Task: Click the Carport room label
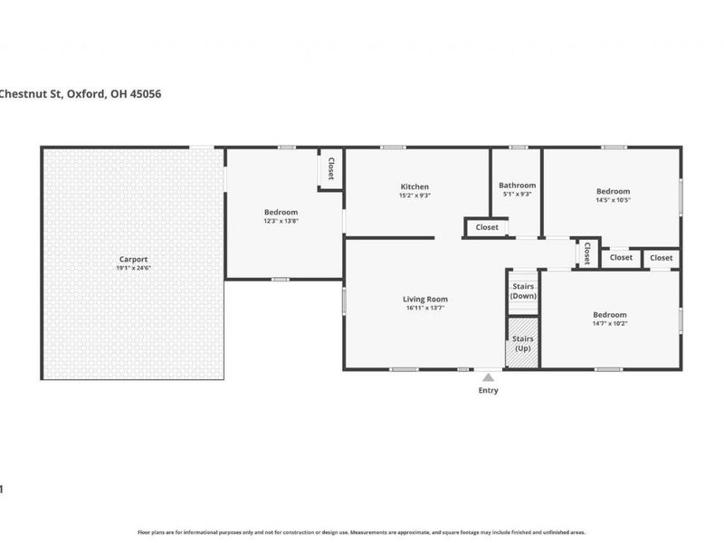(131, 259)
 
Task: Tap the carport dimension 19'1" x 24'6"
(131, 268)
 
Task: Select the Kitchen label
(414, 186)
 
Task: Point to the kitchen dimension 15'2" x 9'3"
(414, 195)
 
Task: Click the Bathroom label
(517, 185)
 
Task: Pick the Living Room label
(425, 299)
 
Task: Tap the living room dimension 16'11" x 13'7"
(425, 308)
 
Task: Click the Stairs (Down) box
(522, 291)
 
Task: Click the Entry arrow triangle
(488, 376)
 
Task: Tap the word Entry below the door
(488, 391)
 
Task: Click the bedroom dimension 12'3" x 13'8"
(281, 221)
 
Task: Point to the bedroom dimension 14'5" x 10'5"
(613, 200)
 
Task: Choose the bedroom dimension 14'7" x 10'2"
(610, 323)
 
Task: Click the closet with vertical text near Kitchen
(331, 169)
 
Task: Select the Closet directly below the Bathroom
(487, 227)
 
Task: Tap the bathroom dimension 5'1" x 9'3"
(517, 194)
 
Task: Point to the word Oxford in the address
(85, 93)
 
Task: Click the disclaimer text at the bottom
(361, 532)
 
